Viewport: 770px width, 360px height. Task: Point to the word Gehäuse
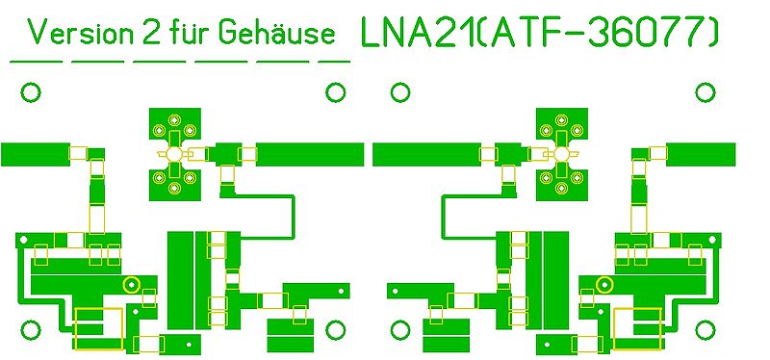pyautogui.click(x=277, y=35)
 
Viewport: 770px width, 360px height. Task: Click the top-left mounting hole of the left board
pyautogui.click(x=31, y=92)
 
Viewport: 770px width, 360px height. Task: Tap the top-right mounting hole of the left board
pyautogui.click(x=335, y=92)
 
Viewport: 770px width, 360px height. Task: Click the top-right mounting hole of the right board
pyautogui.click(x=706, y=92)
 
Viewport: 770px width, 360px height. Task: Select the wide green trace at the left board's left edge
pyautogui.click(x=35, y=154)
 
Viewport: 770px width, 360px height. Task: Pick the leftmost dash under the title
pyautogui.click(x=36, y=61)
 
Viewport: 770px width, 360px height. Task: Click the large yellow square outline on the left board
pyautogui.click(x=100, y=327)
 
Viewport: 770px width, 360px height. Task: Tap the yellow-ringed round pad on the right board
pyautogui.click(x=604, y=284)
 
